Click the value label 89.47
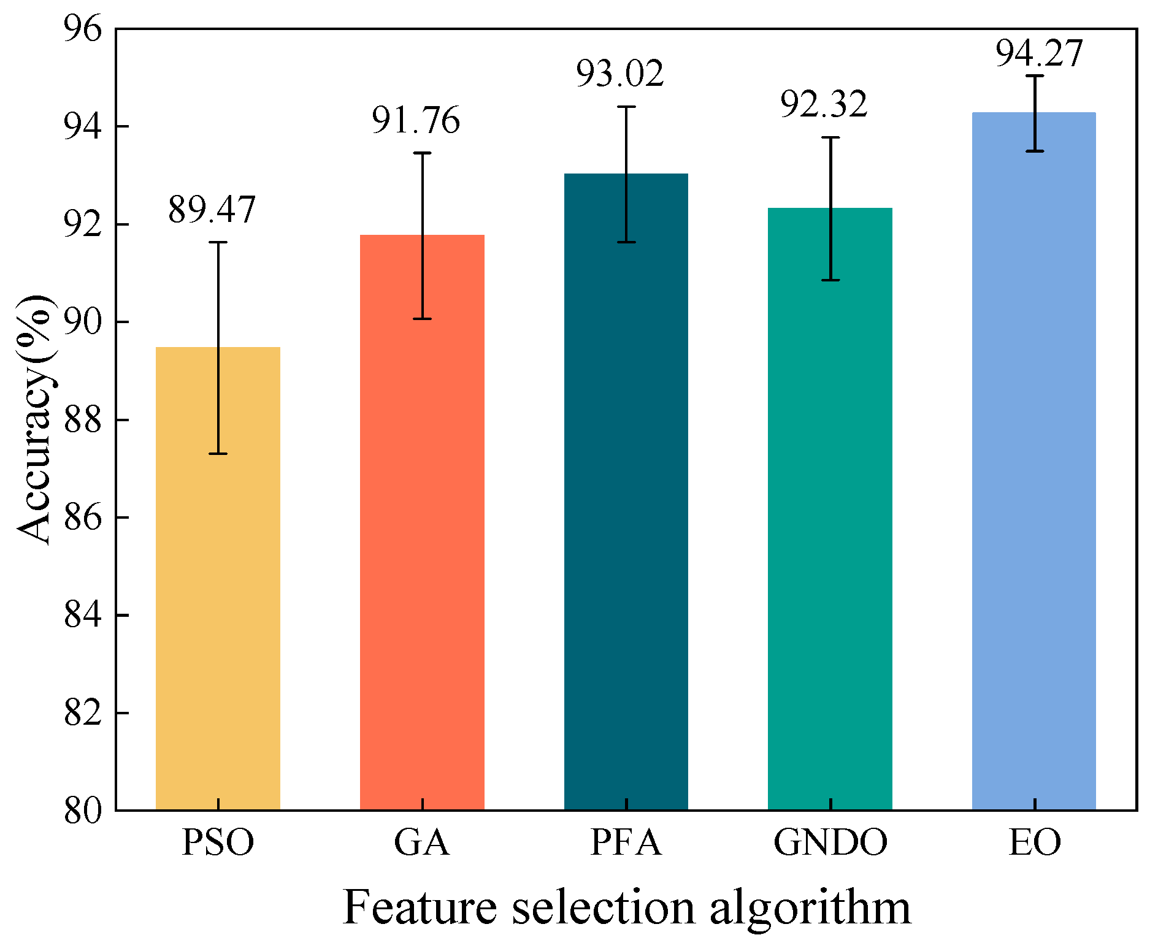tap(212, 210)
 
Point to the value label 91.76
tap(416, 121)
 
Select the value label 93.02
tap(619, 74)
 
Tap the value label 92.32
tap(824, 105)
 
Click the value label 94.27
tap(1038, 54)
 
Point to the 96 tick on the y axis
tap(82, 29)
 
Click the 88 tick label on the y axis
tap(82, 421)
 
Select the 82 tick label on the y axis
tap(82, 714)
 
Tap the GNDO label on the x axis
tap(830, 842)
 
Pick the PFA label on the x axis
tap(626, 842)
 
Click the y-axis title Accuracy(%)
tap(34, 419)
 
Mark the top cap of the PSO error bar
tap(218, 242)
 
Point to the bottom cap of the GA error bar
tap(422, 319)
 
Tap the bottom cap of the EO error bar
tap(1034, 151)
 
